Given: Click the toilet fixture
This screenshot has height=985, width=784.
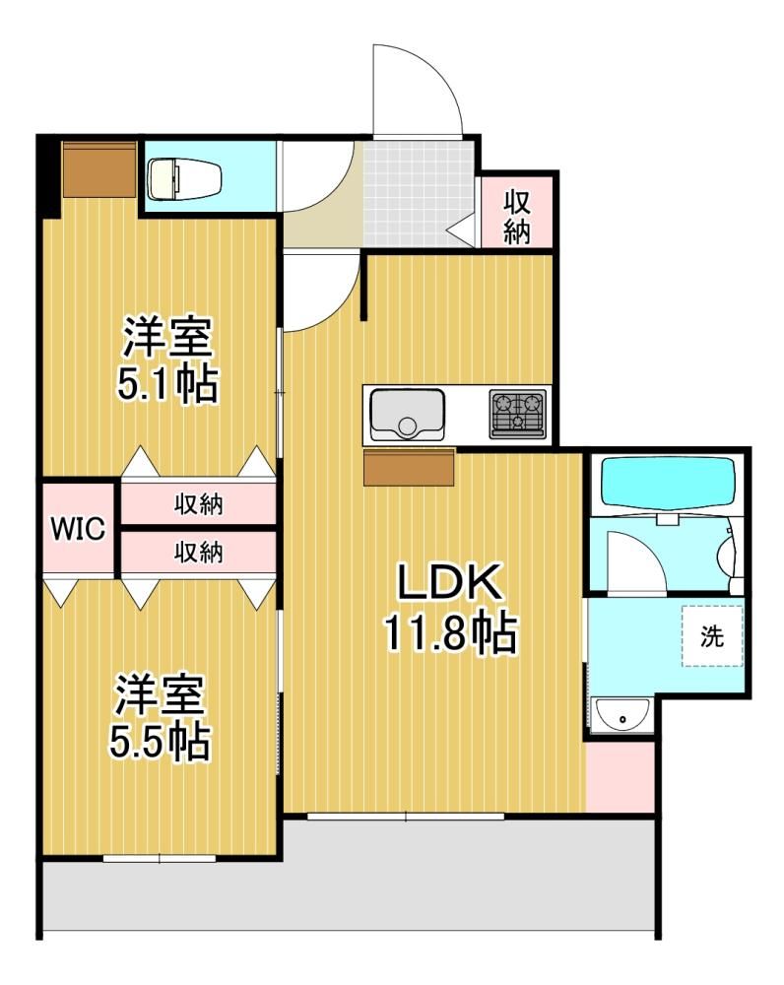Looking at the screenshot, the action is [x=183, y=178].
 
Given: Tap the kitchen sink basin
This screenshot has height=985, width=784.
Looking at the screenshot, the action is [x=407, y=415].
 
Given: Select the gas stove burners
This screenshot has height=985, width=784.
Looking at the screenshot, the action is [x=518, y=414].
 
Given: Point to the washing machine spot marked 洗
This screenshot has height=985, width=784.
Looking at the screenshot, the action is [x=712, y=635].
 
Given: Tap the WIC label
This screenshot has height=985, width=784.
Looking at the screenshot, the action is [x=78, y=528].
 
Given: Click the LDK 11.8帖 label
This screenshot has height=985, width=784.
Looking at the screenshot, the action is [x=450, y=608].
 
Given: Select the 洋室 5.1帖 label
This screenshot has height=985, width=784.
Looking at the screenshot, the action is [x=167, y=360].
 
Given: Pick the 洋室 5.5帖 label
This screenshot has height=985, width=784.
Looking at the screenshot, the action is [x=160, y=717].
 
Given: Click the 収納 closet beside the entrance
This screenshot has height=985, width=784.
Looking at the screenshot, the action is [x=517, y=212].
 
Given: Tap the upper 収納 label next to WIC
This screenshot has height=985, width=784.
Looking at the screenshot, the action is [x=199, y=504].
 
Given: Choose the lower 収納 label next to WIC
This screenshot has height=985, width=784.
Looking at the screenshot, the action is [x=199, y=553].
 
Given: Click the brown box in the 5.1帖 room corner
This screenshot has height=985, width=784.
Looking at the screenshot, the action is [x=99, y=169].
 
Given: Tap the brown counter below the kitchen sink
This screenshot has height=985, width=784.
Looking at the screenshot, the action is [x=410, y=467].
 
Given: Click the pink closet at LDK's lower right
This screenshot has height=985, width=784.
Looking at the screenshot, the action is [x=621, y=776].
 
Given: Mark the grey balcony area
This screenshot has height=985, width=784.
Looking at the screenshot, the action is [x=350, y=892].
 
